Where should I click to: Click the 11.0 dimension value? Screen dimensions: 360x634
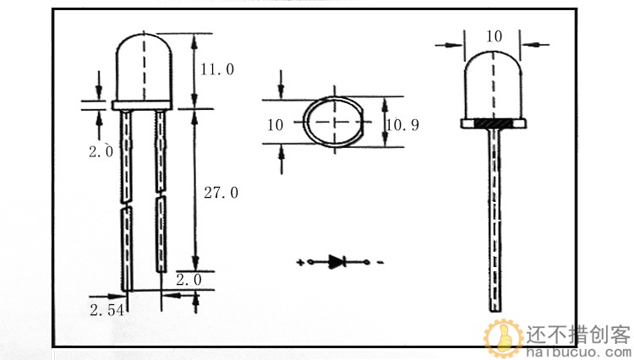tap(218, 69)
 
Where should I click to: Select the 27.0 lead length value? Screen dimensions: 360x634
tap(221, 193)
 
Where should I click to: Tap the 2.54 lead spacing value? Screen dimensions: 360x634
tap(107, 310)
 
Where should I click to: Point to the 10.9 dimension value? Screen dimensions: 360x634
tap(402, 125)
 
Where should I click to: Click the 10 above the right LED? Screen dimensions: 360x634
tap(495, 35)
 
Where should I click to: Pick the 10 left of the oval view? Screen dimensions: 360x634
tap(275, 125)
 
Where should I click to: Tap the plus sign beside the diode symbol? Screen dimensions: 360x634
tap(300, 263)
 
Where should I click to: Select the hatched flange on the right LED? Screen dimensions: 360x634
tap(494, 123)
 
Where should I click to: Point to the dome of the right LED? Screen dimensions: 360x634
tap(494, 85)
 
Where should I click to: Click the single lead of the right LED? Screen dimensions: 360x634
tap(494, 220)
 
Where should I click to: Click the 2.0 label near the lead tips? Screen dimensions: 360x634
tap(189, 279)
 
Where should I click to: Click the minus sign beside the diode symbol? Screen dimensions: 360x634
tap(380, 263)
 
